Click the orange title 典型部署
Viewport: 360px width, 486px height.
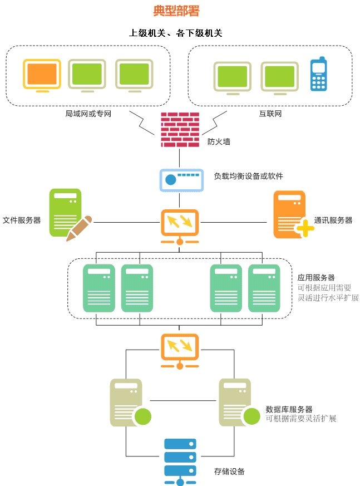176,11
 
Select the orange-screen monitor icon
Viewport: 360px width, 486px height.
42,76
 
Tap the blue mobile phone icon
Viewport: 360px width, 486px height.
318,74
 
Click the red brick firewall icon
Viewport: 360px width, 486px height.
180,130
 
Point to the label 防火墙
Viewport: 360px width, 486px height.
219,141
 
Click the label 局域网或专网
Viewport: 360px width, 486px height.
88,114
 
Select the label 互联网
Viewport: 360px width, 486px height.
270,114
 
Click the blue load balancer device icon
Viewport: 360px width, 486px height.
181,180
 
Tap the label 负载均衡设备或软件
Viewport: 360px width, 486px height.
249,176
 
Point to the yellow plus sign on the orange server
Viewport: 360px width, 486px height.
305,228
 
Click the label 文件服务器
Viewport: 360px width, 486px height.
22,220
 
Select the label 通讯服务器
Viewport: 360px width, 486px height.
333,220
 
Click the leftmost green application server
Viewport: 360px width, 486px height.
99,288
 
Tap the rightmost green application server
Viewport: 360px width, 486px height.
264,288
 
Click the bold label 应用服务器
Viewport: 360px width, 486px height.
316,277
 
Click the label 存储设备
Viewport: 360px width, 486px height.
229,472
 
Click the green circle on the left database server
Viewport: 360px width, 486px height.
143,416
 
